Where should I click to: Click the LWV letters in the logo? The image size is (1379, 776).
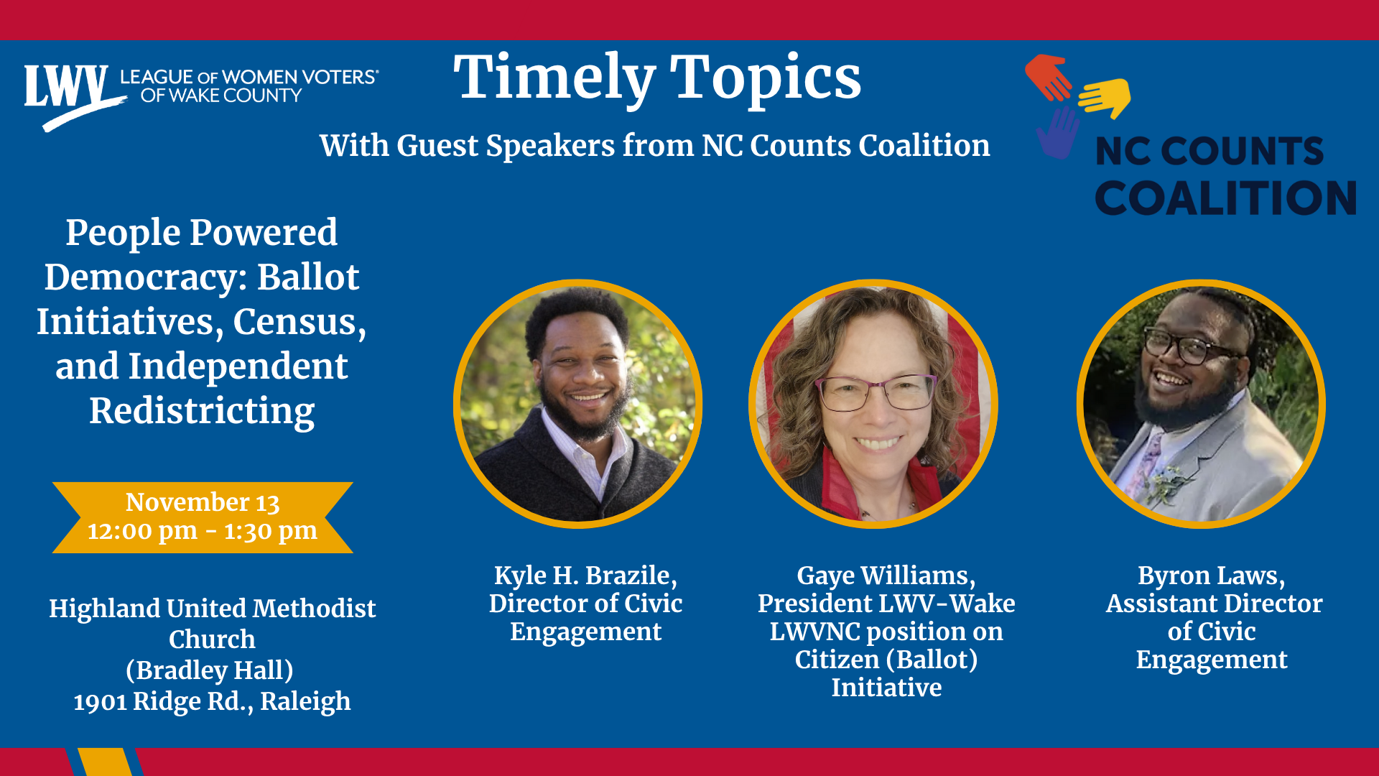pyautogui.click(x=66, y=88)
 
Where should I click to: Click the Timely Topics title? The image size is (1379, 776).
pyautogui.click(x=657, y=78)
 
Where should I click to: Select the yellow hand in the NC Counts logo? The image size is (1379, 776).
pyautogui.click(x=1105, y=98)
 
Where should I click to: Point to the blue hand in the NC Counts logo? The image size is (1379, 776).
pyautogui.click(x=1058, y=133)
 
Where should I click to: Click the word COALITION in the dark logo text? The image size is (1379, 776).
pyautogui.click(x=1226, y=198)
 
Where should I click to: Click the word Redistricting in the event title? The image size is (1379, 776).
pyautogui.click(x=202, y=411)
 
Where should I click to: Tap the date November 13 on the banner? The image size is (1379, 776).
pyautogui.click(x=203, y=502)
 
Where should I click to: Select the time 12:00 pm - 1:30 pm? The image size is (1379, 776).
pyautogui.click(x=203, y=531)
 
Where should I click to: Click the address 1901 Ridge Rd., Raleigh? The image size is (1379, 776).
pyautogui.click(x=212, y=701)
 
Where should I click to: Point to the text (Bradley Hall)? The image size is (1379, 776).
pyautogui.click(x=210, y=670)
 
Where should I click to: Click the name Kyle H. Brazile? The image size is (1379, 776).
pyautogui.click(x=585, y=576)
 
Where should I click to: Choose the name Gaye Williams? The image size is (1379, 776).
pyautogui.click(x=886, y=576)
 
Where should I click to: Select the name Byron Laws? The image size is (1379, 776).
pyautogui.click(x=1212, y=576)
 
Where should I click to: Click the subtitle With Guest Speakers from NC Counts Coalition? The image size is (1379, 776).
pyautogui.click(x=655, y=146)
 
